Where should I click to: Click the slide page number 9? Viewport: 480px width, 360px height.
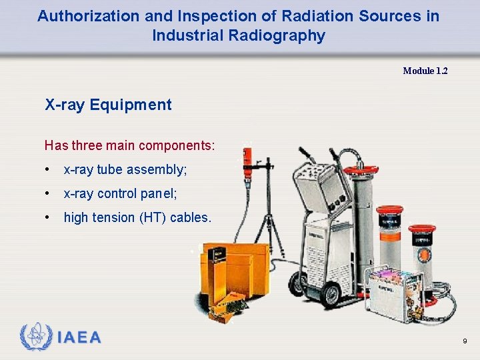coord(464,341)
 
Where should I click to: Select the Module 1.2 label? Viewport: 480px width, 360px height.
coord(425,71)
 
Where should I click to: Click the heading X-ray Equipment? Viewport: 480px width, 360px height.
coord(108,105)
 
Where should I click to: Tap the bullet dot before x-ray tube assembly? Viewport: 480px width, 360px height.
coord(47,170)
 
